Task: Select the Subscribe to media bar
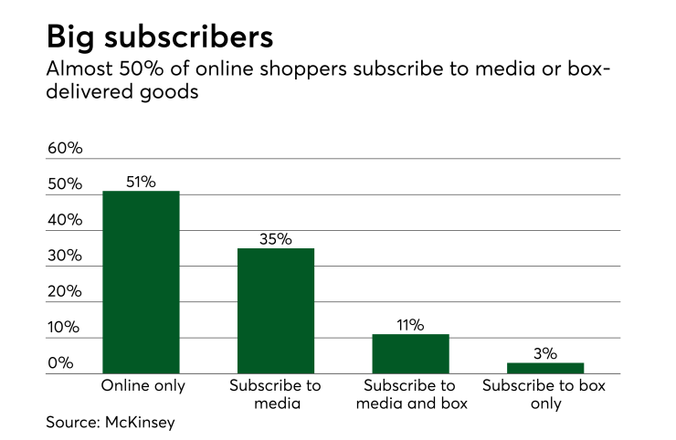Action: click(276, 310)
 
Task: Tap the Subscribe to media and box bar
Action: click(411, 353)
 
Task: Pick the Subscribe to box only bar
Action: click(545, 368)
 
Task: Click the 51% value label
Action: click(141, 181)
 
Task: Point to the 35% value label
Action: click(276, 239)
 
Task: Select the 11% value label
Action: click(411, 325)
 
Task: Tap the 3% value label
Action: click(545, 353)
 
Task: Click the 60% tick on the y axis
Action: click(65, 149)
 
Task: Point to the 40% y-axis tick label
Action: click(65, 221)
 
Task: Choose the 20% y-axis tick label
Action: click(65, 292)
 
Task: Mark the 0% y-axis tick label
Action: click(60, 364)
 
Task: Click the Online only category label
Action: click(142, 385)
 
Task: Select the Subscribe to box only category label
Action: click(544, 393)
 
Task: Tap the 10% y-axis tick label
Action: click(65, 329)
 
